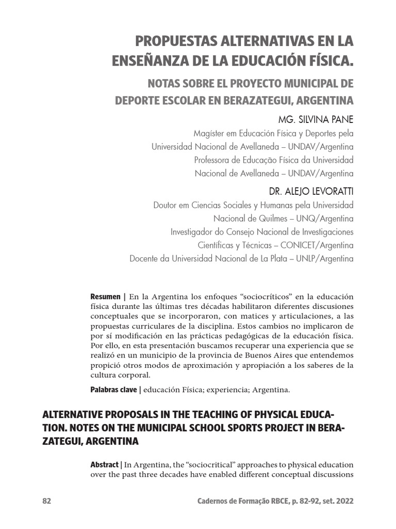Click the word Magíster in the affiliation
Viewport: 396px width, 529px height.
209,133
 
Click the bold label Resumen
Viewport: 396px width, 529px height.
106,297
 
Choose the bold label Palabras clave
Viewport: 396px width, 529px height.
113,390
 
